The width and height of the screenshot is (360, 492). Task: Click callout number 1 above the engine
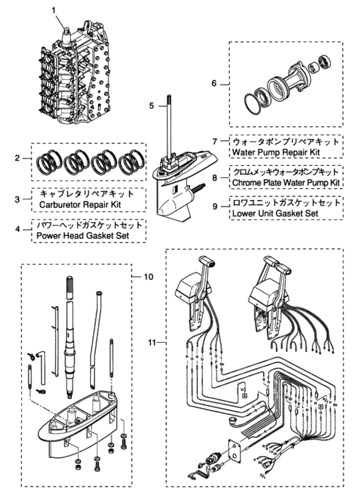click(54, 10)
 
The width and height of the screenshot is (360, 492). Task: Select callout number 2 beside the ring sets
click(20, 158)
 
